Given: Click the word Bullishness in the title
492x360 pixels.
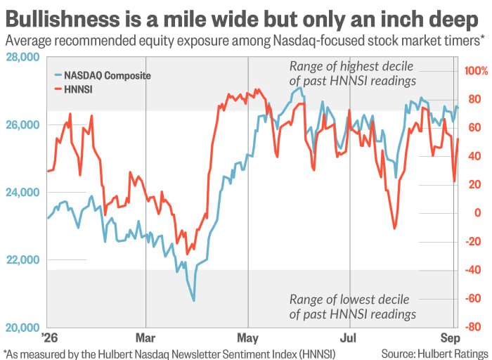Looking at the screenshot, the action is [x=63, y=19].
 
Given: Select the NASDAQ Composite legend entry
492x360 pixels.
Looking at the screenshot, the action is [x=103, y=75].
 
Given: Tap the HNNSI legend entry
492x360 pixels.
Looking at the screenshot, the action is [x=73, y=89].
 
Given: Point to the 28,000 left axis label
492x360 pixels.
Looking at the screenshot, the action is [x=23, y=57].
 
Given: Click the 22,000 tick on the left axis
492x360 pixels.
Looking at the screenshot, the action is [x=23, y=259].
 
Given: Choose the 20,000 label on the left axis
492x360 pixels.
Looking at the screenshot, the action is [x=23, y=328].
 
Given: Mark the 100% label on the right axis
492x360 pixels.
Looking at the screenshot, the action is [x=477, y=71].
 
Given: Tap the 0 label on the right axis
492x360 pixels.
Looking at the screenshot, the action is [x=478, y=213].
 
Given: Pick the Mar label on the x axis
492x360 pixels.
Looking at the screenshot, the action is [x=145, y=338].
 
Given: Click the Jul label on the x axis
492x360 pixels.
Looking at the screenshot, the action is [x=349, y=338].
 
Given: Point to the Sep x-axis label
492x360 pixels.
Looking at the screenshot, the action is [x=451, y=338].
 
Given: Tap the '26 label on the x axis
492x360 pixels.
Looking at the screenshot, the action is [x=50, y=338].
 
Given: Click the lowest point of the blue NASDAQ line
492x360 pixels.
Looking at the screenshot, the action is [x=193, y=300].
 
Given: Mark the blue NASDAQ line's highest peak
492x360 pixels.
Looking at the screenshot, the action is [x=300, y=88].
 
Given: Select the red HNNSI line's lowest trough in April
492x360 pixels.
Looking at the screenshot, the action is [x=187, y=254].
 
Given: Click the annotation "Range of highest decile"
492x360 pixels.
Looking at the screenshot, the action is [x=351, y=67].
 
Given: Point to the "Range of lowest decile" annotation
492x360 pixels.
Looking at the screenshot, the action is [x=349, y=300].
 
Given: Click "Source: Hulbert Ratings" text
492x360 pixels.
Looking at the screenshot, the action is [x=434, y=354].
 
